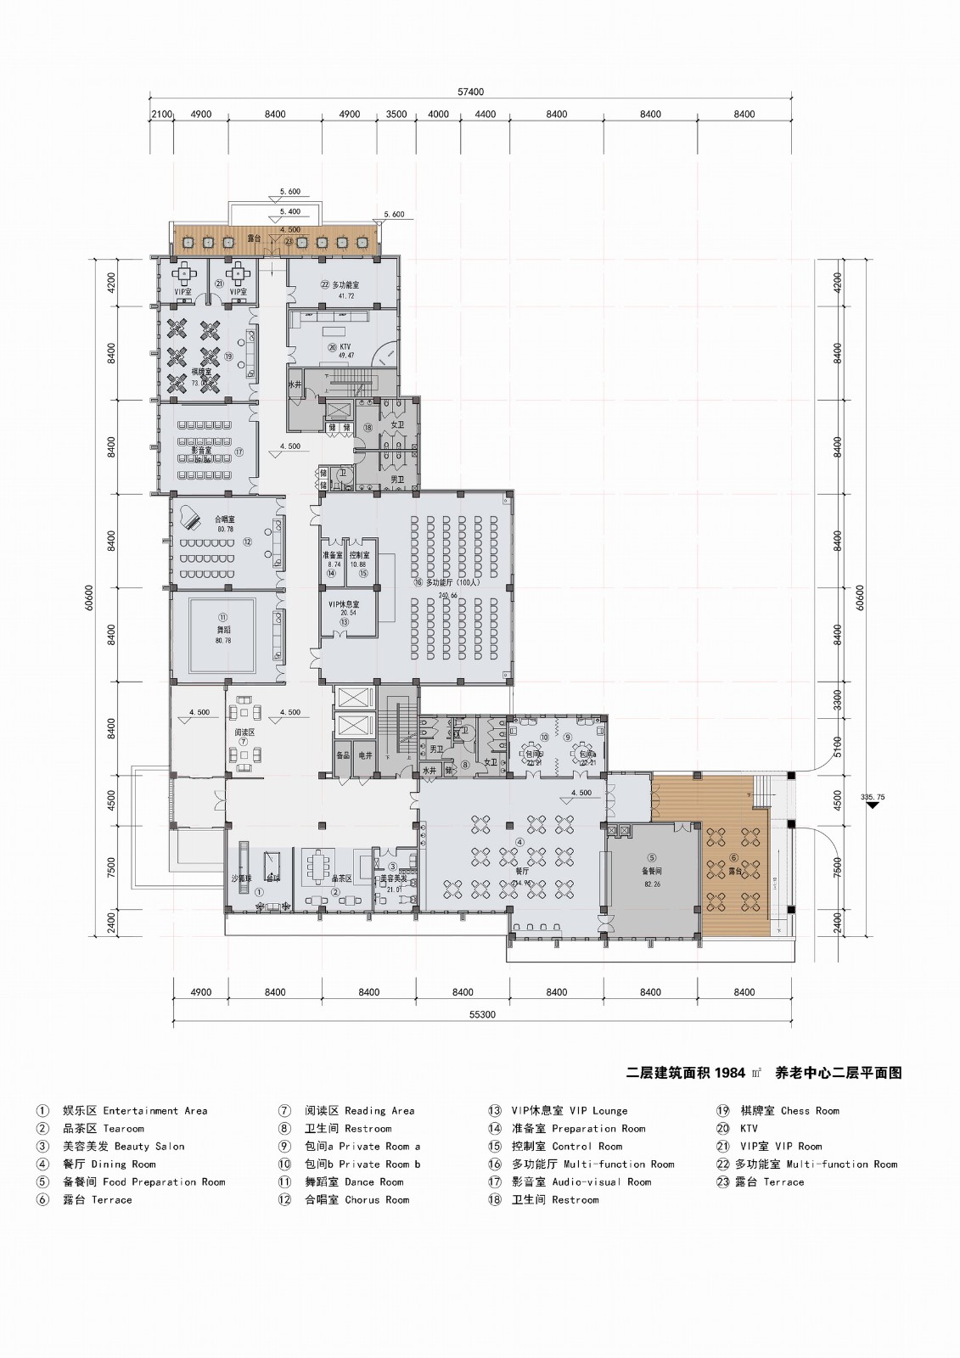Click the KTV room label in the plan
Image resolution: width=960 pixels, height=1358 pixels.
tap(344, 346)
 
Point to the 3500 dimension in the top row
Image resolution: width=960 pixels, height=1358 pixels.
tap(396, 114)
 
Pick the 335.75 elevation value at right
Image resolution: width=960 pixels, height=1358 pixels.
tap(872, 797)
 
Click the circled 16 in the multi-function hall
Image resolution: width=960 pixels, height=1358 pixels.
tap(418, 584)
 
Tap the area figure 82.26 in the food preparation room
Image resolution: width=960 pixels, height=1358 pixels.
tap(652, 884)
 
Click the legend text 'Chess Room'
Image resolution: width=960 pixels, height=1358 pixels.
tap(809, 1110)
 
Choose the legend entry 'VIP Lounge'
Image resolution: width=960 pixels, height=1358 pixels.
tap(598, 1110)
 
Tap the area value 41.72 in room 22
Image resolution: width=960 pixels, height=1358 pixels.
tap(346, 296)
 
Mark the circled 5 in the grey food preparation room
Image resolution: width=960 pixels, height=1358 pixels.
tap(652, 857)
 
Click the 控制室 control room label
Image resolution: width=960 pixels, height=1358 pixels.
tap(358, 554)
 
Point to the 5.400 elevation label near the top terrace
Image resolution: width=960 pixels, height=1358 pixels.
tap(289, 210)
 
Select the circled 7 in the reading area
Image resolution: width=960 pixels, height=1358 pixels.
tap(244, 741)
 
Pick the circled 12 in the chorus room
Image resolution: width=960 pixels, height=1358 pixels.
tap(247, 541)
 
